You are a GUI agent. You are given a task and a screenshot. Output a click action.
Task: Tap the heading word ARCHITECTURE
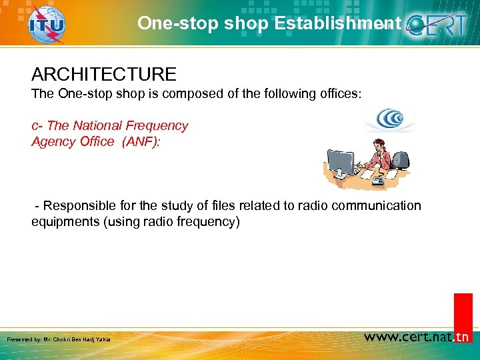[103, 74]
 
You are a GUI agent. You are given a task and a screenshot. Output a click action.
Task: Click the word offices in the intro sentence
[339, 94]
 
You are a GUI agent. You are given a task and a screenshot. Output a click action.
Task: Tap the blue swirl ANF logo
[389, 120]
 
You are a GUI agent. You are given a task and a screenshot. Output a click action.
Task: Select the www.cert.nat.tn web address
[417, 337]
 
